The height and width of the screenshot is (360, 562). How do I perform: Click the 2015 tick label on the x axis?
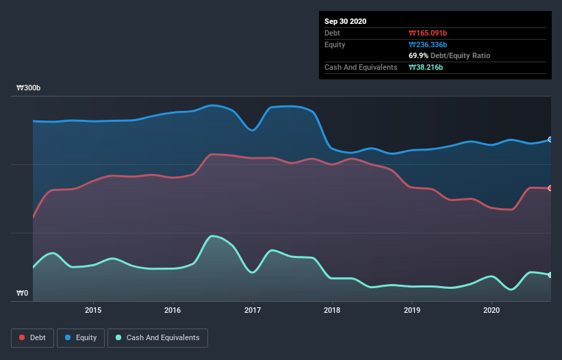tap(93, 309)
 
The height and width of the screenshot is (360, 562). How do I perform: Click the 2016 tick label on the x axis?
tap(173, 309)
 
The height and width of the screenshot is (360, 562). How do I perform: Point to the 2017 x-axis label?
tap(253, 309)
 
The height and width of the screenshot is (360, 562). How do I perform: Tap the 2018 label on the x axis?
tap(333, 309)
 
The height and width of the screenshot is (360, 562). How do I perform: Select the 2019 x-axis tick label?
tap(412, 309)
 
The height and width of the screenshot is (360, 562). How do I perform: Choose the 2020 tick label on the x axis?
tap(492, 309)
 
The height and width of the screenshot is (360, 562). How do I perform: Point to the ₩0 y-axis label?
tap(23, 294)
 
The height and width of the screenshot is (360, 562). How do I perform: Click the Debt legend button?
tap(32, 337)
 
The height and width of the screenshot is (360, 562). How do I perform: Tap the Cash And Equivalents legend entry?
tap(157, 337)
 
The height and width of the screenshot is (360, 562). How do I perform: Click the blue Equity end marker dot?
tap(550, 140)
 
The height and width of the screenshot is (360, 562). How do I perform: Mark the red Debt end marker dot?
tap(550, 188)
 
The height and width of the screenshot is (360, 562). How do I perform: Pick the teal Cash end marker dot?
tap(550, 275)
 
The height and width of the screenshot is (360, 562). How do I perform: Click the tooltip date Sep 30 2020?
tap(345, 21)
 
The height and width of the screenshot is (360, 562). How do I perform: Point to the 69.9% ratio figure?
tap(420, 55)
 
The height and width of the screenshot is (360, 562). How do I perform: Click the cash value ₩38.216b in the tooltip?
tap(429, 67)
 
